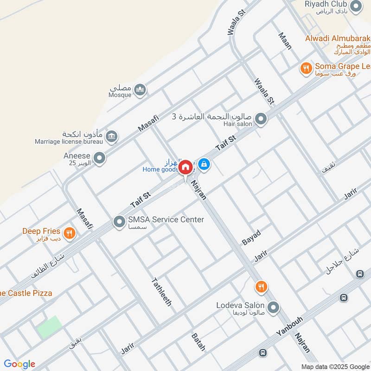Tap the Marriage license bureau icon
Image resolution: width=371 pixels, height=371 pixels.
(111, 136)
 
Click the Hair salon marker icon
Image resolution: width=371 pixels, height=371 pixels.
(261, 120)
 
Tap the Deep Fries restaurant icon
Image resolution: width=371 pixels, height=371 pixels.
(70, 233)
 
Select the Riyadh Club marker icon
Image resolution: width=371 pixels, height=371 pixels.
(356, 6)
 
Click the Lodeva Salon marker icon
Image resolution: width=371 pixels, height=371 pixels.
(274, 307)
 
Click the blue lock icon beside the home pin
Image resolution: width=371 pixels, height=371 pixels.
(204, 164)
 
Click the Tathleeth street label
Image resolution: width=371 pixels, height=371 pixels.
(162, 291)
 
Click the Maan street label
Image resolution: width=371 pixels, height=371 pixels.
(285, 41)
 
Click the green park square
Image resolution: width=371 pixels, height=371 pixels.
(49, 327)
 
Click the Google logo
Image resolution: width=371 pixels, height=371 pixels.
(19, 364)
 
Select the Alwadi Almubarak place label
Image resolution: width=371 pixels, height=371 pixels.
(338, 38)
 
